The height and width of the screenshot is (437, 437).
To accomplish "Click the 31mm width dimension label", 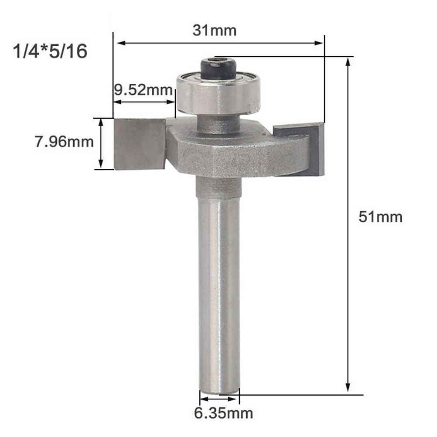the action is click(x=214, y=31).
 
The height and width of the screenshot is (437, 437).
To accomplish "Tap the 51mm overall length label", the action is click(x=380, y=217).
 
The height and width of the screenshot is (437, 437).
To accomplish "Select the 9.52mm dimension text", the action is click(x=143, y=90).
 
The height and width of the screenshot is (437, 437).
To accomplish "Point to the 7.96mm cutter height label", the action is click(x=64, y=142).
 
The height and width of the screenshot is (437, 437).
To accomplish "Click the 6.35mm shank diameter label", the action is click(x=224, y=413).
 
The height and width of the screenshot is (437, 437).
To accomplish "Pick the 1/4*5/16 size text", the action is click(x=50, y=51).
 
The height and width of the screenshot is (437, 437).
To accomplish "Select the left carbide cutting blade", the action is click(x=140, y=144).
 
